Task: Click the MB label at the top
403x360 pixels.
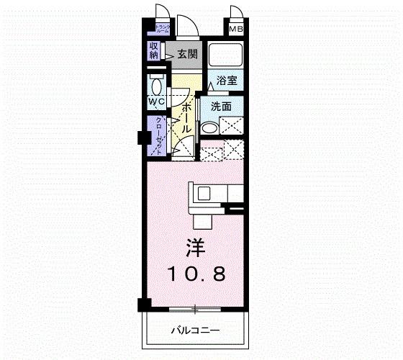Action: pos(235,30)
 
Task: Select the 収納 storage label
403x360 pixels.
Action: pos(154,50)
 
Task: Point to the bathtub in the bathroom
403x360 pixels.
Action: pos(225,55)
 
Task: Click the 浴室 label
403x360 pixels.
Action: pos(226,81)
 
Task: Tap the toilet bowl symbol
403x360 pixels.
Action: pos(155,84)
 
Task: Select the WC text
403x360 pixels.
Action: pos(156,102)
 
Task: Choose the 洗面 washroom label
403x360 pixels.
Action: pos(221,107)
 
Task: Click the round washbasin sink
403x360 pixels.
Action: pos(209,128)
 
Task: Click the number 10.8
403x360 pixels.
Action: pos(196,274)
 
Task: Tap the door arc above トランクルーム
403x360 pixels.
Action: pos(162,14)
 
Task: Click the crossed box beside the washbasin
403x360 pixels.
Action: pos(232,127)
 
